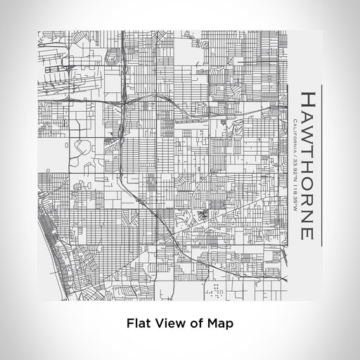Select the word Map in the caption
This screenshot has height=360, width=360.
[219, 324]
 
